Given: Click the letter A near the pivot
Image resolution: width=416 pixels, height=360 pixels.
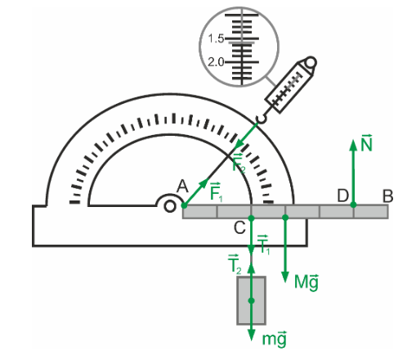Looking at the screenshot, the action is pyautogui.click(x=182, y=187).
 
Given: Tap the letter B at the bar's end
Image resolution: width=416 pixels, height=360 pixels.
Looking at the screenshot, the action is pyautogui.click(x=388, y=196).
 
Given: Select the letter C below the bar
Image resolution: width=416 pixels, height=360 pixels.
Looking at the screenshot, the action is pyautogui.click(x=239, y=227).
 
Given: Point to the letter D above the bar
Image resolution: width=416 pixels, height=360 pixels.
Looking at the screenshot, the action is pyautogui.click(x=342, y=196).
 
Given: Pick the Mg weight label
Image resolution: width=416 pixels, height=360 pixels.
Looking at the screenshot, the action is pyautogui.click(x=306, y=282).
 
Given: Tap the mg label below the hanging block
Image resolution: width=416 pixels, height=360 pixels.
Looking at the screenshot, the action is pyautogui.click(x=274, y=339).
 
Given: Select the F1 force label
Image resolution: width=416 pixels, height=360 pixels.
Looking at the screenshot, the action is pyautogui.click(x=217, y=191).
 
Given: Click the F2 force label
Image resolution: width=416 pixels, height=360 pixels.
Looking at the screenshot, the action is pyautogui.click(x=239, y=163).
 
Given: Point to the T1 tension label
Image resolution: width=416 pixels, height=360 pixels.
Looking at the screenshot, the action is pyautogui.click(x=263, y=245).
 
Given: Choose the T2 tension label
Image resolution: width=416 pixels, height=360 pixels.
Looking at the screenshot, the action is pyautogui.click(x=235, y=264).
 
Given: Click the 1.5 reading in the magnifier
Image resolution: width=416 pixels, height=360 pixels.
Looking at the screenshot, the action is pyautogui.click(x=216, y=38).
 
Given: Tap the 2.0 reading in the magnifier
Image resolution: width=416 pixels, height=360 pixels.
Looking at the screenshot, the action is pyautogui.click(x=216, y=62).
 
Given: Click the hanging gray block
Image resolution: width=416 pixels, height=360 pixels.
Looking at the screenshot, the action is pyautogui.click(x=251, y=300).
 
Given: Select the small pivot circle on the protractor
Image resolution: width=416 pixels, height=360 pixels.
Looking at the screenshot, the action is pyautogui.click(x=169, y=206).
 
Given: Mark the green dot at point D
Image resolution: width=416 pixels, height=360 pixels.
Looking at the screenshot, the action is pyautogui.click(x=353, y=205).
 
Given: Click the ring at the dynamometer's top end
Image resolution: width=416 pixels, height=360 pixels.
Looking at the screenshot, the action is pyautogui.click(x=311, y=63).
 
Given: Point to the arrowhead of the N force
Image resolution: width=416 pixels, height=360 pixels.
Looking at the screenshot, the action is pyautogui.click(x=353, y=145).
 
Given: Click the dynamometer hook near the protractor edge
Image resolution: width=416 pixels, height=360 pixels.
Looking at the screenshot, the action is pyautogui.click(x=261, y=119).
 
